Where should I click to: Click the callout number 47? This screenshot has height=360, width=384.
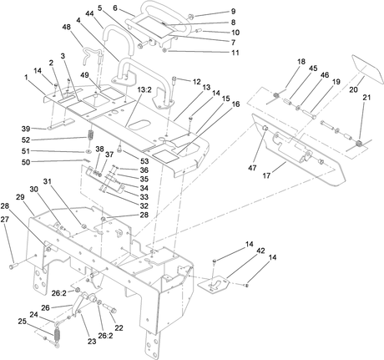pyautogui.click(x=253, y=168)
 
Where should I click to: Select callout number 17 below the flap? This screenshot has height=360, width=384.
pyautogui.click(x=266, y=175)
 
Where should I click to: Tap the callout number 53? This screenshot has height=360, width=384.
pyautogui.click(x=144, y=161)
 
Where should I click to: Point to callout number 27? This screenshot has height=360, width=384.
pyautogui.click(x=5, y=220)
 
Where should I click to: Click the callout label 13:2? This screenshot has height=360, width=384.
pyautogui.click(x=144, y=90)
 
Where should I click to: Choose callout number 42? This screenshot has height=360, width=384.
pyautogui.click(x=261, y=251)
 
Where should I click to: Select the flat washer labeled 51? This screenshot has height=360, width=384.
pyautogui.click(x=88, y=151)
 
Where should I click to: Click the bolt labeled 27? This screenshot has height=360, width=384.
pyautogui.click(x=13, y=266)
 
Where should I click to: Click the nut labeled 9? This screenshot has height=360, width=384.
pyautogui.click(x=191, y=16)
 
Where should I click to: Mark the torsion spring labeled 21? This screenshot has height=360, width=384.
pyautogui.click(x=360, y=144)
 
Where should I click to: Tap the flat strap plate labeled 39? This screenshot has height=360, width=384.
pyautogui.click(x=60, y=124)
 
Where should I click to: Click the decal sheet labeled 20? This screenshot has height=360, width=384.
pyautogui.click(x=367, y=67)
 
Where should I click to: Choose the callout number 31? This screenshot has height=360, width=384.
pyautogui.click(x=48, y=181)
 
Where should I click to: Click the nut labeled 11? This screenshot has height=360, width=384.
pyautogui.click(x=164, y=50)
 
